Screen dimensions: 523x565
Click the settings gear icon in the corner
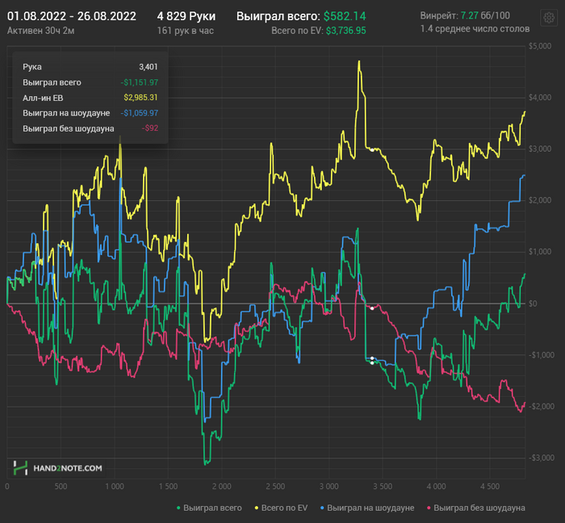tap(550, 17)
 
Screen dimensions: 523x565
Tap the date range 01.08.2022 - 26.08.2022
tap(71, 16)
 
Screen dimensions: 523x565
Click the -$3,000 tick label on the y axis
tap(538, 458)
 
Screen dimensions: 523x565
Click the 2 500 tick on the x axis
tap(274, 487)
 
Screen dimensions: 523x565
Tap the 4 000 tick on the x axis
tap(436, 487)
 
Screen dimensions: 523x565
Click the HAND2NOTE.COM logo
tap(57, 468)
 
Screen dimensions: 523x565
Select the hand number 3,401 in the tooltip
tap(148, 67)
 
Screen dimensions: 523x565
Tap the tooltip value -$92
tap(149, 128)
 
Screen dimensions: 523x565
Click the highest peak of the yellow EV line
tap(358, 61)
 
